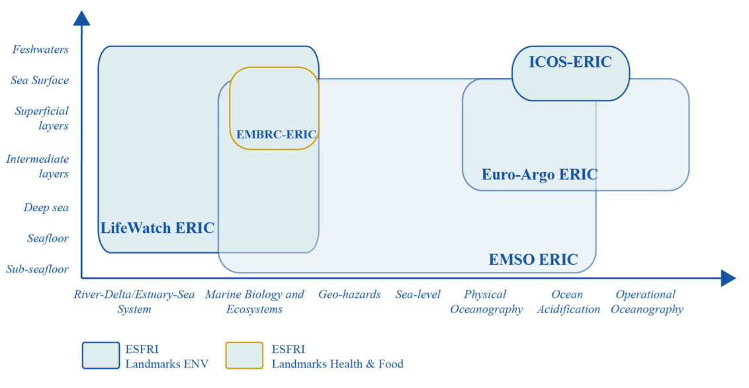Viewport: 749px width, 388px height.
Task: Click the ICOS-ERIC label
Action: pos(570,62)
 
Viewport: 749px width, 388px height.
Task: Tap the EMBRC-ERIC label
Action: pos(276,134)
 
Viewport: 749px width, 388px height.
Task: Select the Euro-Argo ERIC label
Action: pos(539,174)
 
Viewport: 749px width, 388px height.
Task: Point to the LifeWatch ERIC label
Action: pos(157,228)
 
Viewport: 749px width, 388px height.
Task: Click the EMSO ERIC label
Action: pos(533,260)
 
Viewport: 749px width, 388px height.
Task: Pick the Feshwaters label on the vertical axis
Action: pos(40,49)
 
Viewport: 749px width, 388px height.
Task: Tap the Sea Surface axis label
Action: pos(40,80)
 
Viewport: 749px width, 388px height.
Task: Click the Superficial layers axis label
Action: pos(42,118)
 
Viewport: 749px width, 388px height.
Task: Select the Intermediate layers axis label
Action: pos(37,166)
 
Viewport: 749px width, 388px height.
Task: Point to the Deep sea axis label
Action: pos(46,207)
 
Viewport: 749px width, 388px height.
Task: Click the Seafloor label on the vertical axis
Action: pos(48,238)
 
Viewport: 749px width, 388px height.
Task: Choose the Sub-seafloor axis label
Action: pos(37,269)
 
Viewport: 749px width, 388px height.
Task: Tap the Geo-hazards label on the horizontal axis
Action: pos(349,295)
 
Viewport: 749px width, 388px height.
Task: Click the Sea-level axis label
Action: pos(418,295)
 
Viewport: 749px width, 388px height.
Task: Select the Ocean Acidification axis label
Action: pos(568,301)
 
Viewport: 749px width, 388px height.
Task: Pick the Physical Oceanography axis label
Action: pos(486,301)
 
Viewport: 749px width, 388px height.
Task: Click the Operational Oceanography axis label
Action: pos(647,301)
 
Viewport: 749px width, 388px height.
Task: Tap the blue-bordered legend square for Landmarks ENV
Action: pos(101,356)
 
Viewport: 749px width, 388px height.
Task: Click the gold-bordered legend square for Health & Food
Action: pos(244,356)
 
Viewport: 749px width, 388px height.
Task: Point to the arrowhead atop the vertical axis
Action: pos(81,18)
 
